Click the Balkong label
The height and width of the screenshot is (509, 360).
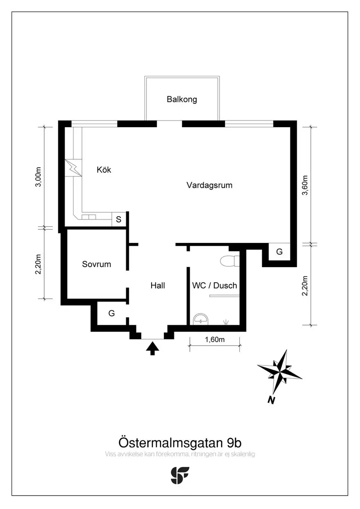[182, 99]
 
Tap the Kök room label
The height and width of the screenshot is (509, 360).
[104, 170]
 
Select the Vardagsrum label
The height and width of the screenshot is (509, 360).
[209, 185]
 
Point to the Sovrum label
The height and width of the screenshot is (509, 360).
[97, 264]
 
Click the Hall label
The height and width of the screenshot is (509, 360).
[158, 286]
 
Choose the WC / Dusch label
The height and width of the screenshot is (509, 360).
[214, 286]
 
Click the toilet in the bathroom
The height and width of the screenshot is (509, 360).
[230, 261]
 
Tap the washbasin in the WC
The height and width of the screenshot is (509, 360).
[200, 319]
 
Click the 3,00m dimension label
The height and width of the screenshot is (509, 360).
[39, 177]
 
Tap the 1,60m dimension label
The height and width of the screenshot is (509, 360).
[215, 340]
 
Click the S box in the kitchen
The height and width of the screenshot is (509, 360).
[119, 220]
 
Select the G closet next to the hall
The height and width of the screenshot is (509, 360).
[112, 313]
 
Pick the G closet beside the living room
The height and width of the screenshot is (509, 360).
[279, 252]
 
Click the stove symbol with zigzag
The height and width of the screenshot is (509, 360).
[73, 168]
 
